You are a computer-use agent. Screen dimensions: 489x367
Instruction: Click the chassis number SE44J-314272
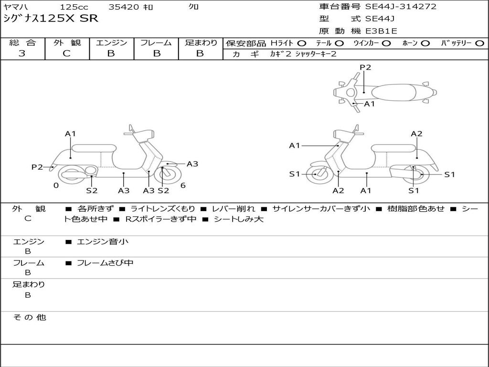click(x=401, y=7)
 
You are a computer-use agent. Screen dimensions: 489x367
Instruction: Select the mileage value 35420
click(x=124, y=7)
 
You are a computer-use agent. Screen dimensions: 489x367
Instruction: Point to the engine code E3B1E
click(x=381, y=31)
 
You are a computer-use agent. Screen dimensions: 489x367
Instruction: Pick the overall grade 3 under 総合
click(x=22, y=54)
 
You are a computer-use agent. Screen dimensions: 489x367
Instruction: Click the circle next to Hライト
click(x=301, y=43)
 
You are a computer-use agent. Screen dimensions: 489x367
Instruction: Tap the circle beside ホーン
click(x=425, y=43)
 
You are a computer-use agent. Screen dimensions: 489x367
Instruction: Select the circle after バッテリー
click(x=479, y=43)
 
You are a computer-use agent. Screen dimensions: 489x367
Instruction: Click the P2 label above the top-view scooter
click(x=365, y=67)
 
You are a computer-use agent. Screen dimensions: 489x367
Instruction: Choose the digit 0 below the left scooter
click(x=56, y=185)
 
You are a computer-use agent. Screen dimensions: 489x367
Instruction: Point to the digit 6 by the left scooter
click(x=183, y=185)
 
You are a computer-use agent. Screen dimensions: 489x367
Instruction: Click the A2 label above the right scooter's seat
click(x=416, y=134)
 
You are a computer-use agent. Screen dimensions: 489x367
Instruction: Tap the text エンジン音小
click(x=102, y=242)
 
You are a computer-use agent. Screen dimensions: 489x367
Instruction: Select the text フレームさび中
click(x=105, y=263)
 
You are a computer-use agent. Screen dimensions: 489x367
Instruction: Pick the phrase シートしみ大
click(x=238, y=219)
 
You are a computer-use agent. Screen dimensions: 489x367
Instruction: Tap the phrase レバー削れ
click(x=234, y=209)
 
